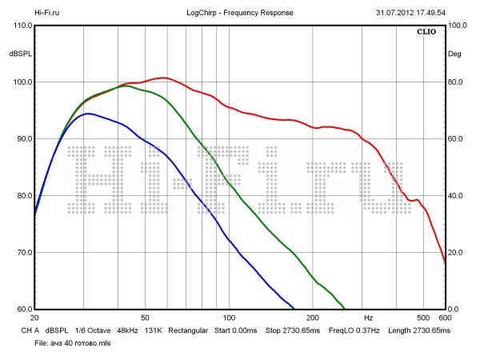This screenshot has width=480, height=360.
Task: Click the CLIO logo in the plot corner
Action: (x=426, y=33)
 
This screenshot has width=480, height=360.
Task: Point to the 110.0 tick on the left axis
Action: (x=22, y=26)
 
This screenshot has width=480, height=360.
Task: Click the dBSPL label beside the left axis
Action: (x=20, y=54)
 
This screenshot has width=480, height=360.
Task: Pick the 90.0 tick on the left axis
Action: (x=22, y=139)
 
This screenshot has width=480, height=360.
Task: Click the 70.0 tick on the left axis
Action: (x=22, y=253)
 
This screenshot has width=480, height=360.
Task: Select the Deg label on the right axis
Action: (x=455, y=54)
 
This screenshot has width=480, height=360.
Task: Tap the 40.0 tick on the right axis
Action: (x=458, y=196)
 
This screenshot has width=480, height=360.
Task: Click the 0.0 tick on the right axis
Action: (x=455, y=310)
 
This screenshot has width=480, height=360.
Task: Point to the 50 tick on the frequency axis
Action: (x=145, y=318)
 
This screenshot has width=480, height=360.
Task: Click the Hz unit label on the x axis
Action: (x=367, y=318)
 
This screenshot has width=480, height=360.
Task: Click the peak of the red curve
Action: (x=164, y=78)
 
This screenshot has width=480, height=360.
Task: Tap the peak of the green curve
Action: (x=125, y=86)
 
